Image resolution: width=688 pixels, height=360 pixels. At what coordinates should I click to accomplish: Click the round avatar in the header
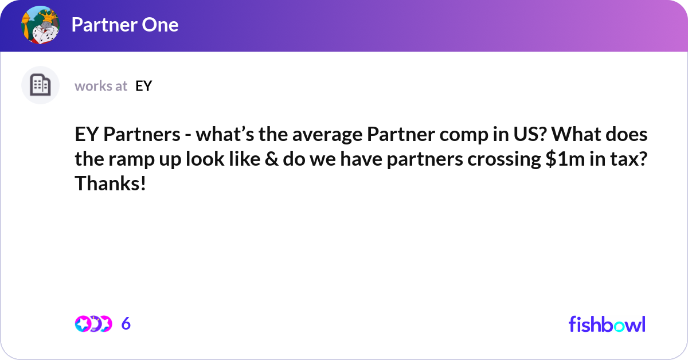pos(41,25)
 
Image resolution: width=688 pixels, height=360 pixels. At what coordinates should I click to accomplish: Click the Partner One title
pos(124,25)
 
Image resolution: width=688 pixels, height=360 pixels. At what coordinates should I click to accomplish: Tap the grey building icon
pos(40,85)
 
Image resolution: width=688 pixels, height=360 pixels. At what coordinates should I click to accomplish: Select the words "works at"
pos(101,86)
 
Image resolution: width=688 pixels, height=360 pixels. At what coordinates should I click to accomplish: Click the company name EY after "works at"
pos(143,86)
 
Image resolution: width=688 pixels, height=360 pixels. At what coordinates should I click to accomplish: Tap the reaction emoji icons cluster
pos(93,324)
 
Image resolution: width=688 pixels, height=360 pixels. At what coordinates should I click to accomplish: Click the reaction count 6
pos(126,324)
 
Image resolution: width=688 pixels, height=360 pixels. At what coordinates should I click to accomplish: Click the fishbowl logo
pos(607,324)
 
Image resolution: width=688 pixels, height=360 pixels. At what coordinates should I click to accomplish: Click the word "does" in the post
pos(627,136)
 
